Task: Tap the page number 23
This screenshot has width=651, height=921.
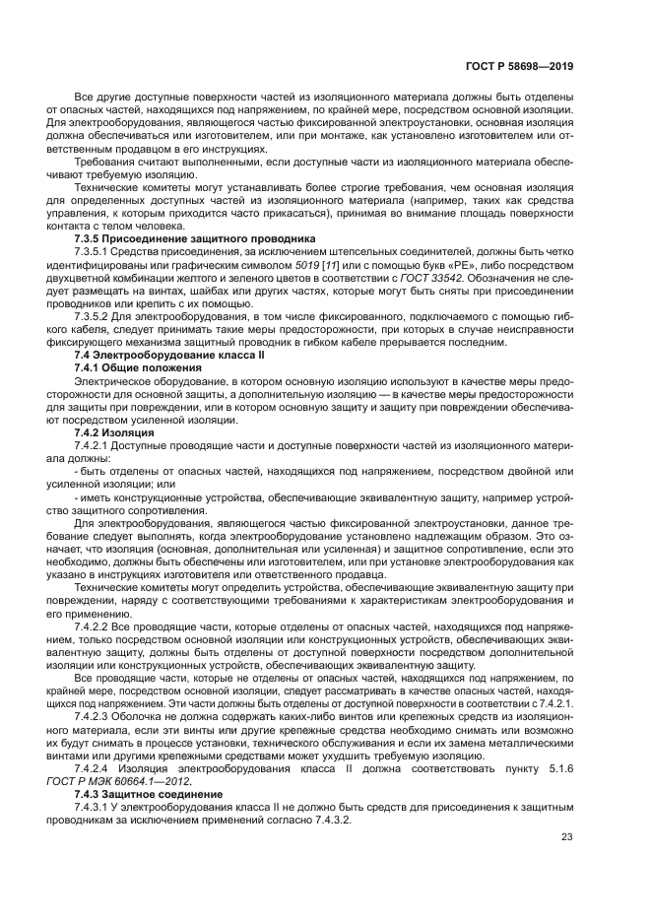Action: click(567, 836)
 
